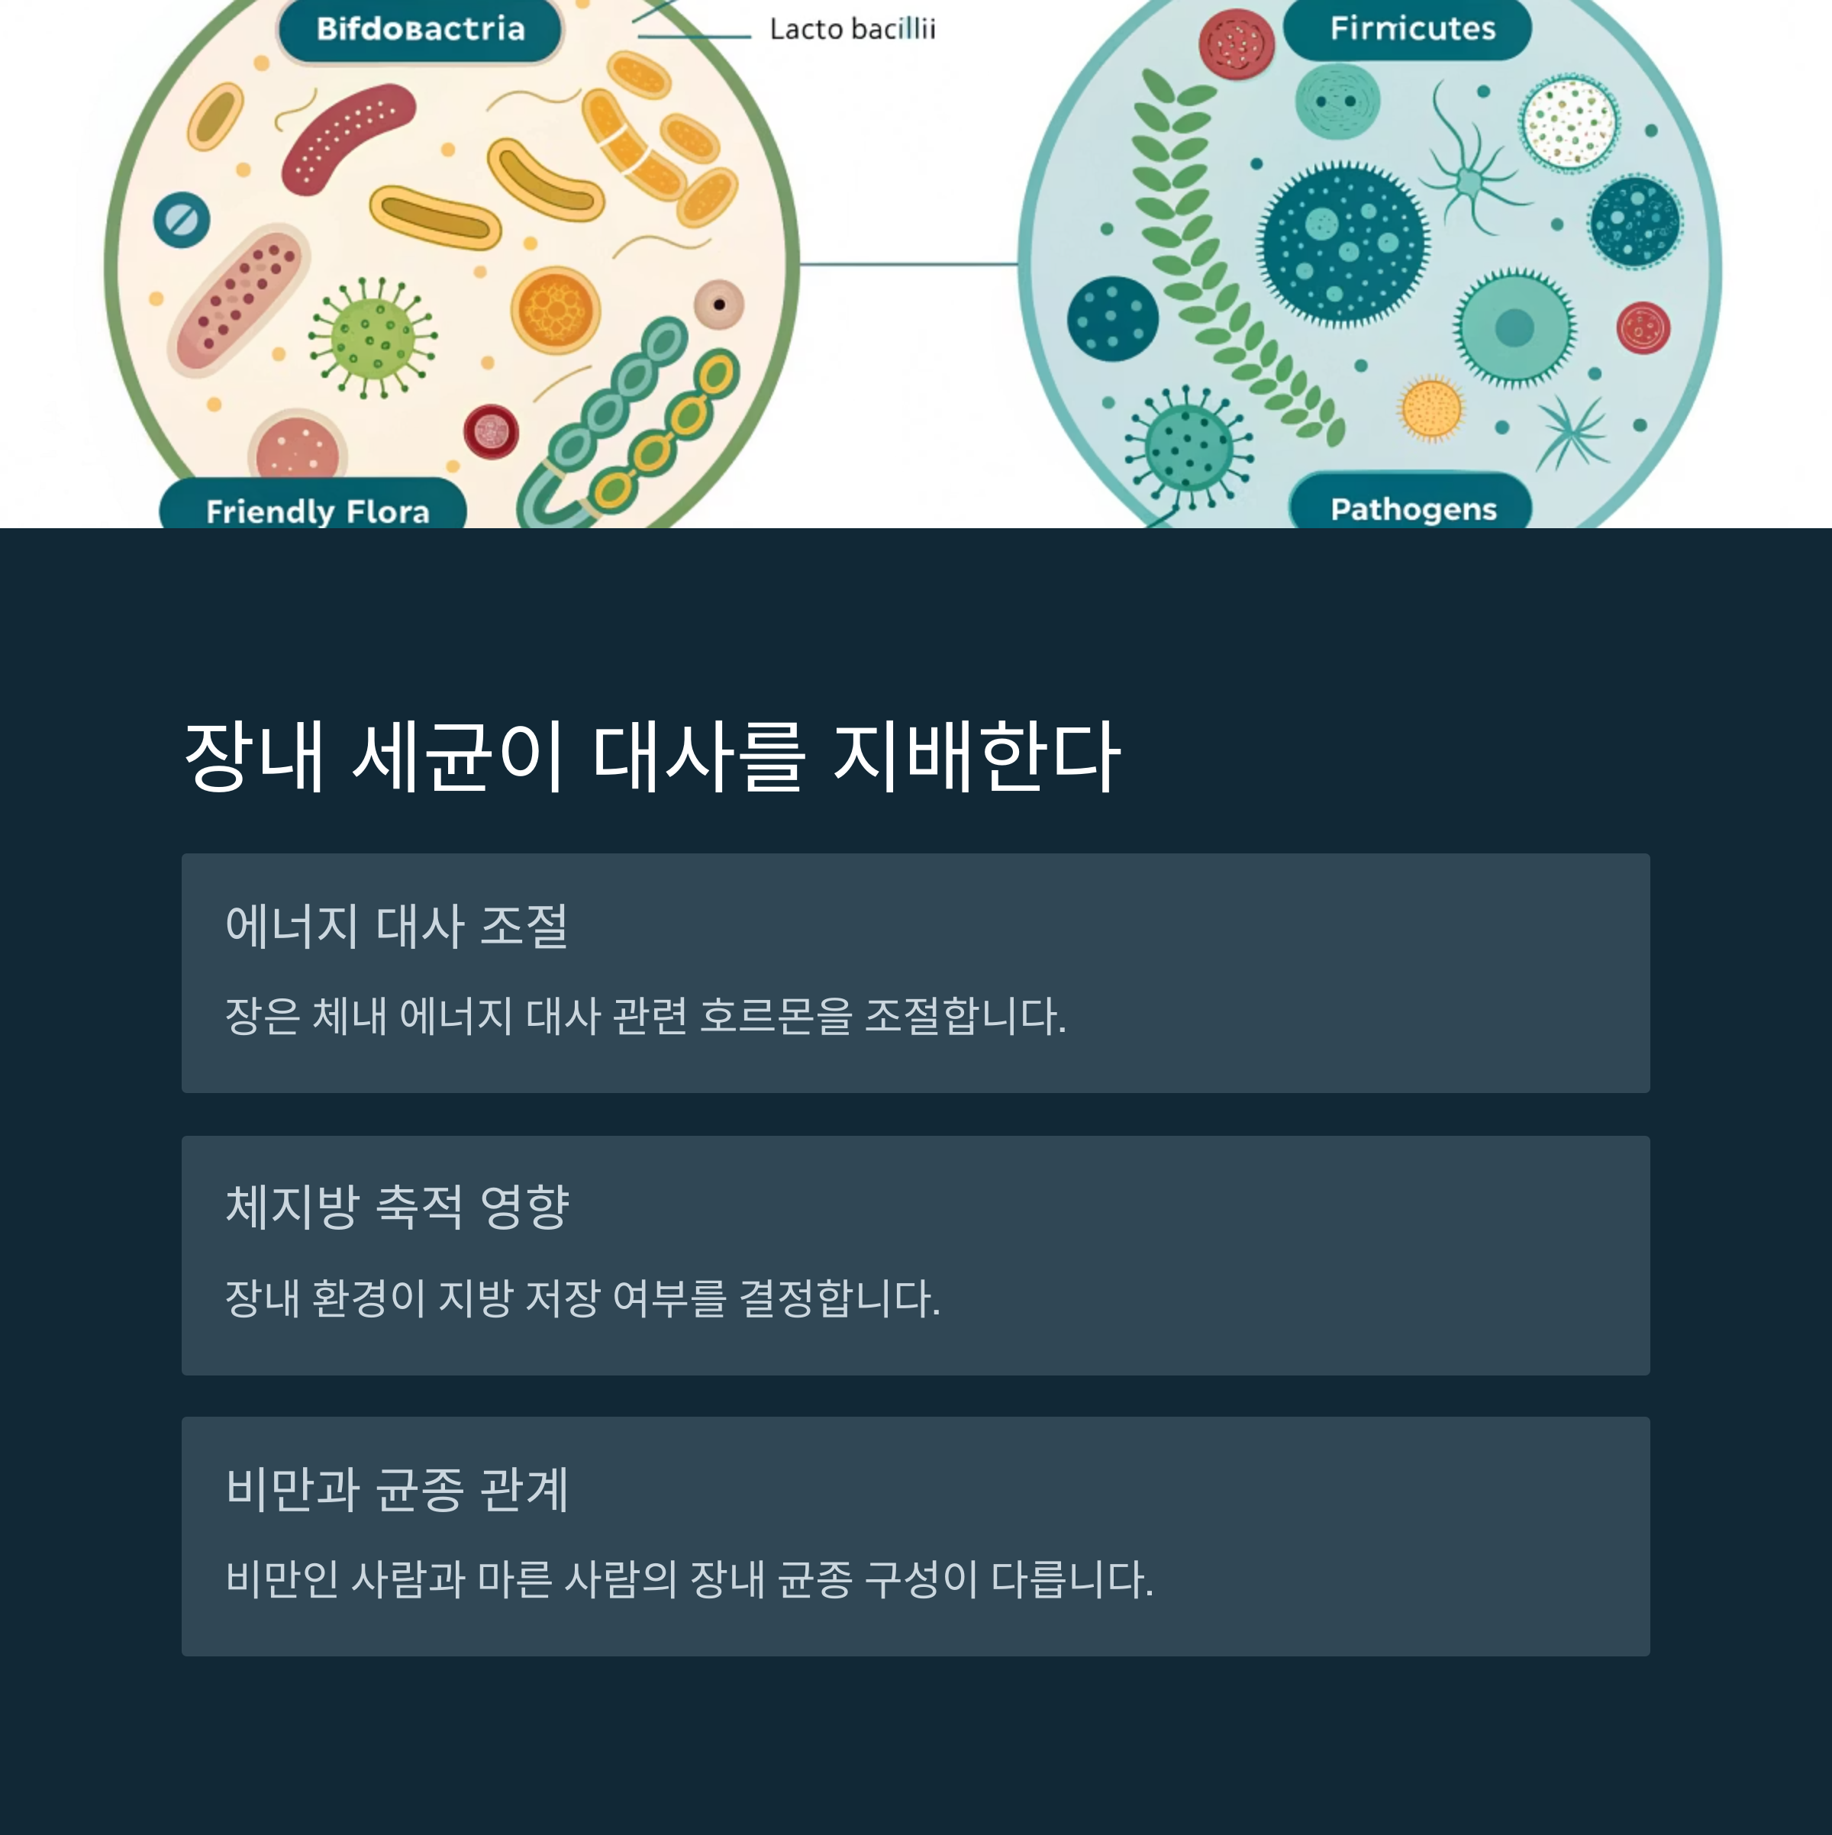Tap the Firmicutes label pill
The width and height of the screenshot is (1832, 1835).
click(x=1411, y=28)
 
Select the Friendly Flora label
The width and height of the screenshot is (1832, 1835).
click(x=318, y=511)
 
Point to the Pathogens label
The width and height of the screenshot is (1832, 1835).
click(x=1412, y=508)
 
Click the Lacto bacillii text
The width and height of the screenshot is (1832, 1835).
click(x=852, y=30)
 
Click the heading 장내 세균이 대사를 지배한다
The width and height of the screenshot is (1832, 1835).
click(x=651, y=757)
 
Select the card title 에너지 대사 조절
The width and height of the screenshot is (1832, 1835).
click(x=397, y=925)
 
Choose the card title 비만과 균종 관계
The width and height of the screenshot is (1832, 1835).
click(x=397, y=1488)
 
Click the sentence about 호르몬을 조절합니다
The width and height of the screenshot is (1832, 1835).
click(x=646, y=1015)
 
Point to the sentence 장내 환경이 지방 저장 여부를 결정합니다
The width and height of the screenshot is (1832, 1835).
click(x=582, y=1298)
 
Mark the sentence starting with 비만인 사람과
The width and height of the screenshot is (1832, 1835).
click(x=689, y=1579)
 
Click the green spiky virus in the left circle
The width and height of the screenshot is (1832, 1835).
click(x=373, y=338)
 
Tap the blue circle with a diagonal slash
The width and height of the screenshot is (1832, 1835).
click(x=182, y=219)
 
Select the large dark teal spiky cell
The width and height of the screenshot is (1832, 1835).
click(x=1343, y=243)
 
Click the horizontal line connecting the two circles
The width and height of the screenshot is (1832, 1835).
click(x=908, y=264)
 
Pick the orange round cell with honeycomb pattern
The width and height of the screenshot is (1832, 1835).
click(x=555, y=310)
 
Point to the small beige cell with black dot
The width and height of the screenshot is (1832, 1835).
click(x=719, y=304)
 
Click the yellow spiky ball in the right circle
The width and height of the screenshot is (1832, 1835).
click(x=1431, y=408)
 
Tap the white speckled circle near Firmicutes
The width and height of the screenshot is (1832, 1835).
click(x=1569, y=124)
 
